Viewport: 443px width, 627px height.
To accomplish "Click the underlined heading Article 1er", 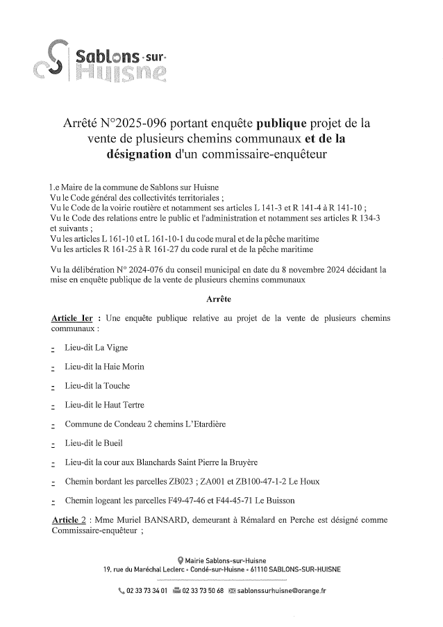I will (x=73, y=318).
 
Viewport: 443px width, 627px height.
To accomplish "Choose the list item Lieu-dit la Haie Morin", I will (x=104, y=367).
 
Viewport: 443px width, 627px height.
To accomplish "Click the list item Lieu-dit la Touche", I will (x=97, y=385).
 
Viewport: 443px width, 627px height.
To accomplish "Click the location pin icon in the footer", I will (x=181, y=560).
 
